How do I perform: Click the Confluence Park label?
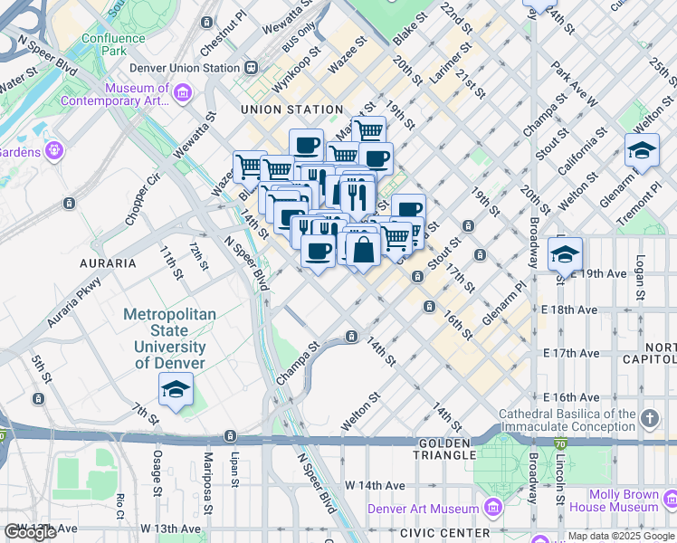pos(114,44)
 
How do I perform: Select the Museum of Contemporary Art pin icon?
pos(183,92)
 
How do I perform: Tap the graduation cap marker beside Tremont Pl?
pos(642,150)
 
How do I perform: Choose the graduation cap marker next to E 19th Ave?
pos(565,253)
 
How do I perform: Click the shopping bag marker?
pos(363,250)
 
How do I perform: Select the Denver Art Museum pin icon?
pos(491,508)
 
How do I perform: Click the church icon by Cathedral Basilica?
pos(649,418)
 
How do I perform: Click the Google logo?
pos(30,532)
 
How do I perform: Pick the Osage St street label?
pos(157,468)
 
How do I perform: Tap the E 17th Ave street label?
pos(572,353)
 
